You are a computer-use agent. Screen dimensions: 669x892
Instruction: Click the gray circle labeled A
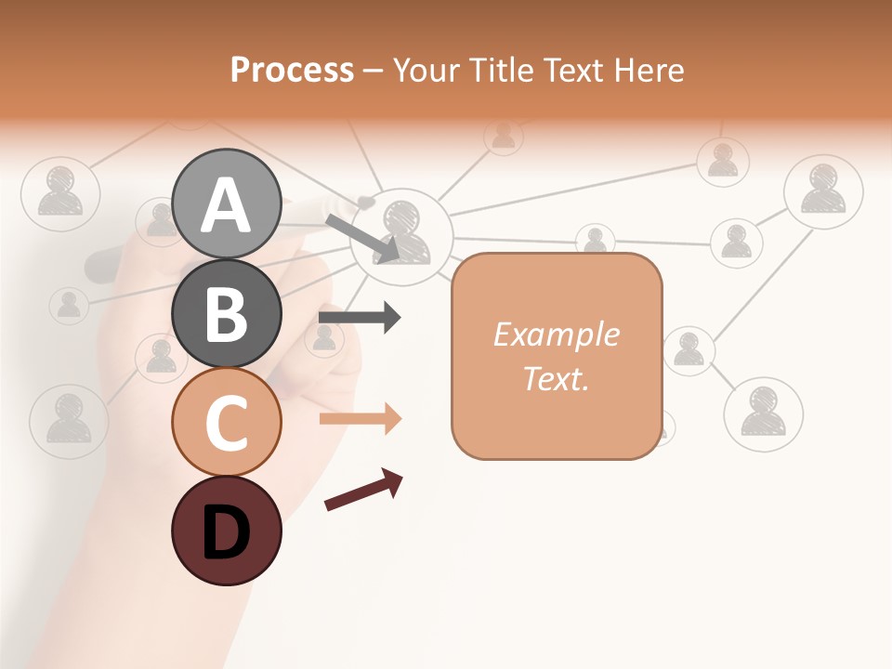(x=226, y=203)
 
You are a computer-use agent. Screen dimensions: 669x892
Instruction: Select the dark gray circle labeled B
(x=226, y=313)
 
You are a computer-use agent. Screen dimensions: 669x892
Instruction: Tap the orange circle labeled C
(x=226, y=422)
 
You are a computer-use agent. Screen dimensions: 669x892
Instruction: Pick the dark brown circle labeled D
(x=226, y=531)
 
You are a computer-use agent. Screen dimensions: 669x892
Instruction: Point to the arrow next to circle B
(x=359, y=318)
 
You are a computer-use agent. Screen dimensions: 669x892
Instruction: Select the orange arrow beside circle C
(x=360, y=419)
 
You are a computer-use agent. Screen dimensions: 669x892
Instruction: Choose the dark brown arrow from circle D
(x=363, y=490)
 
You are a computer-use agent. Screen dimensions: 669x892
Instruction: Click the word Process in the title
(x=292, y=70)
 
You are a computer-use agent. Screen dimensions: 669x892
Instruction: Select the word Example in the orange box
(x=556, y=334)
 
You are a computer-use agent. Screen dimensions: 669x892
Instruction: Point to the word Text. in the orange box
(x=556, y=378)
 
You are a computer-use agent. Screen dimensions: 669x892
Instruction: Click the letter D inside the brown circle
(x=226, y=532)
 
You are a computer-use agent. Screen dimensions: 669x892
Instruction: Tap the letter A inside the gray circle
(x=226, y=205)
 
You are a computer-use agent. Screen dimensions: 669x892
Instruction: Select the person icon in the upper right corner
(x=823, y=190)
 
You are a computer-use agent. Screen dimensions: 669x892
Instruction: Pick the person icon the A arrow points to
(x=401, y=233)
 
